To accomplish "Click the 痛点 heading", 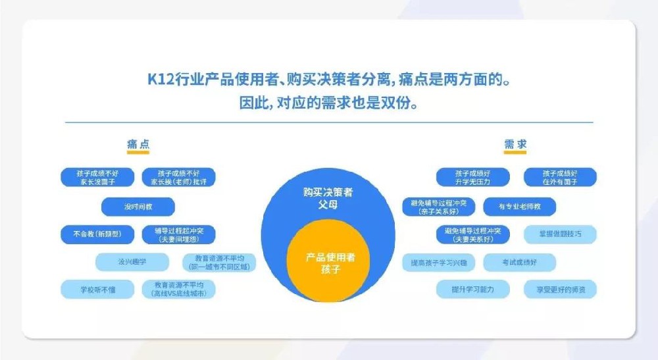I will point(138,144).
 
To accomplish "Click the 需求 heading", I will point(515,144).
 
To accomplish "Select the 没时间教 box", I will point(138,207).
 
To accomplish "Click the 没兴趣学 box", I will point(132,262).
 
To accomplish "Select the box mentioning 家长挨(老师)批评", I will point(178,177).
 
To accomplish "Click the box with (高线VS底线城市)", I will point(178,290).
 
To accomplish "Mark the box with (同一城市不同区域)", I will point(218,262).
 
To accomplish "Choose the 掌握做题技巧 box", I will point(560,234).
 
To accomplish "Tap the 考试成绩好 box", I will point(519,262).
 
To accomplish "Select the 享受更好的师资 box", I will point(560,290).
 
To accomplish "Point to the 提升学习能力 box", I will point(472,290).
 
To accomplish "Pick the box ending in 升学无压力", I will point(472,177).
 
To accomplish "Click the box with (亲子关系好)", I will point(439,207).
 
